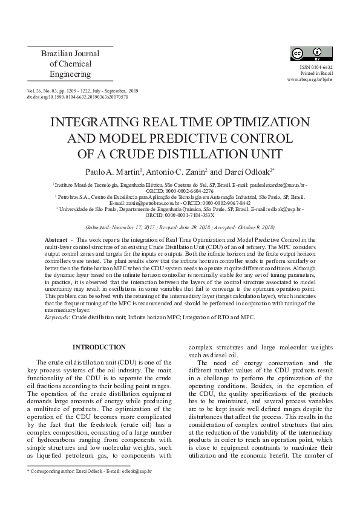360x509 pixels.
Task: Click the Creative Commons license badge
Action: click(312, 54)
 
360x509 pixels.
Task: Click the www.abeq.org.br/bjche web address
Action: click(310, 79)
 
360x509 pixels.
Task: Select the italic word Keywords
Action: click(57, 316)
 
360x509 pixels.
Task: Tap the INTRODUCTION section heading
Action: click(99, 347)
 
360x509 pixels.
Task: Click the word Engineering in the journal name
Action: click(71, 74)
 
